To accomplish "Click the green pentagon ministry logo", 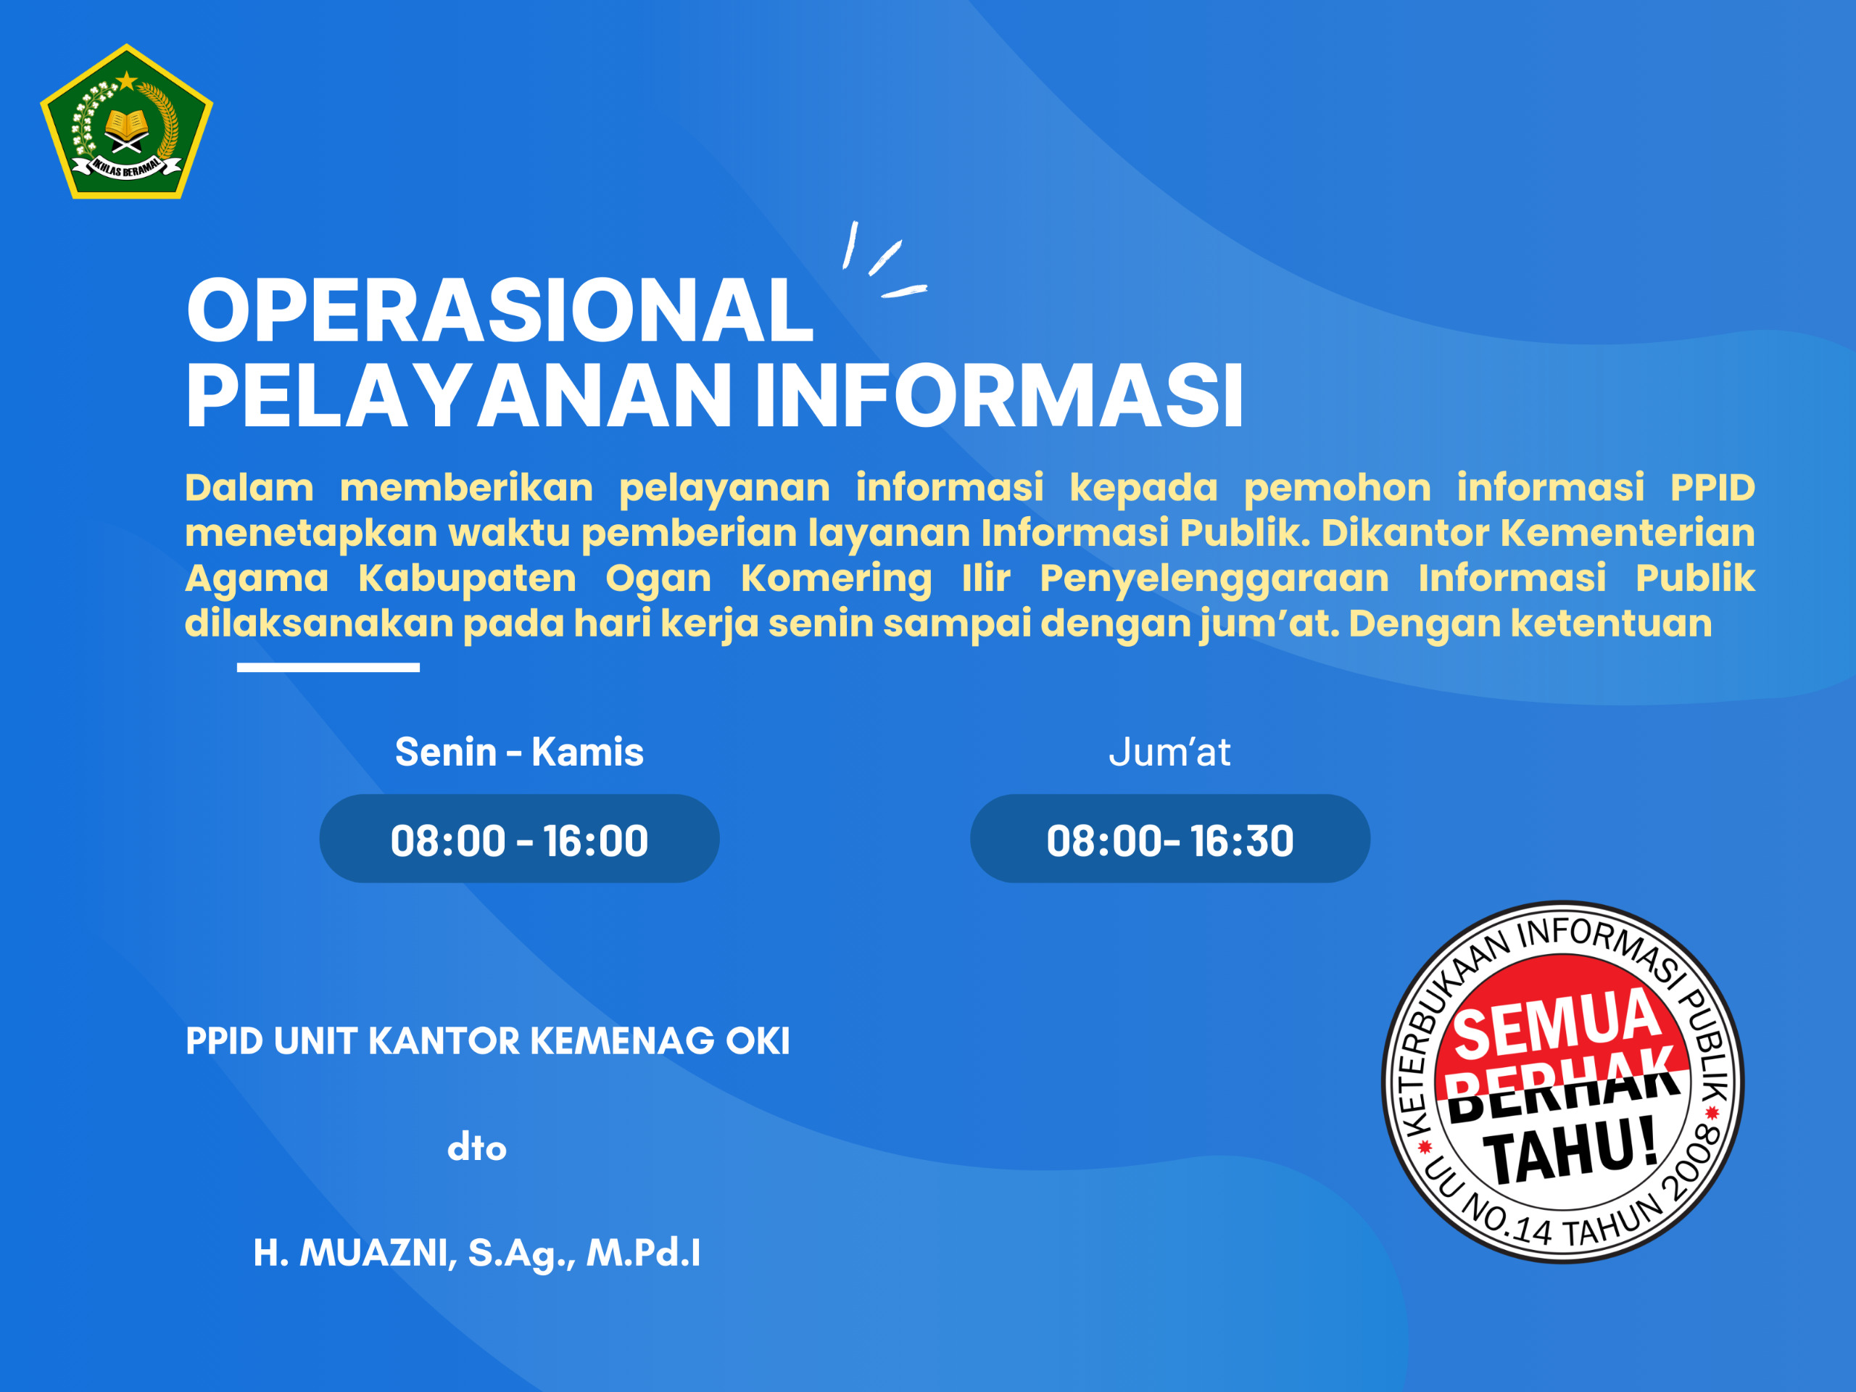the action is pyautogui.click(x=127, y=122).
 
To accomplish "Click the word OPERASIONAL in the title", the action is pyautogui.click(x=500, y=310).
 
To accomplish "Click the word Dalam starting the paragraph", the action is pyautogui.click(x=249, y=487).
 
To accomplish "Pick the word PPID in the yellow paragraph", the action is pyautogui.click(x=1712, y=487).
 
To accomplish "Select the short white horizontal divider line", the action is pyautogui.click(x=328, y=667).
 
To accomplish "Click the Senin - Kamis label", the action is pyautogui.click(x=519, y=752).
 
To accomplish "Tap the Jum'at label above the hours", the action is pyautogui.click(x=1169, y=753).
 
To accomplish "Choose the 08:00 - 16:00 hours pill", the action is pyautogui.click(x=519, y=839).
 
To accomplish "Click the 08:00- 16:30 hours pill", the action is pyautogui.click(x=1169, y=839).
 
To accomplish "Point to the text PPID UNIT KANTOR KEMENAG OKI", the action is pyautogui.click(x=487, y=1041).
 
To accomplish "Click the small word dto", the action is pyautogui.click(x=476, y=1147).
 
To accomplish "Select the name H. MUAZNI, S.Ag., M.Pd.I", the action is pyautogui.click(x=476, y=1253).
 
